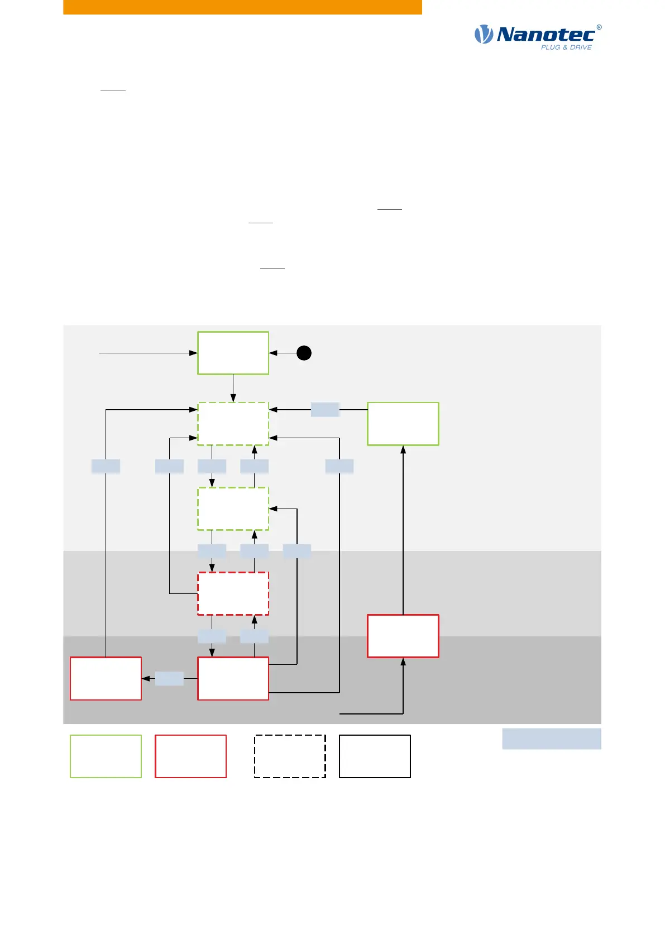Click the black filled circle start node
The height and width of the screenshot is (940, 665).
pos(304,353)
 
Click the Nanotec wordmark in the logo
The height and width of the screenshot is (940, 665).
pos(546,35)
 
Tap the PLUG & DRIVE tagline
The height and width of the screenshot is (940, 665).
pos(566,47)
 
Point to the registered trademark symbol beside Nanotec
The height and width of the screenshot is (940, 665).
pos(599,27)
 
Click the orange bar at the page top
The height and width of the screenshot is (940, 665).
pos(242,7)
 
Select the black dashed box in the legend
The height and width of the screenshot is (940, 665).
pos(290,756)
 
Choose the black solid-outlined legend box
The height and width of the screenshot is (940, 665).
pos(375,756)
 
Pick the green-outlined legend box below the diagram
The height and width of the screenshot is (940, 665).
pos(106,756)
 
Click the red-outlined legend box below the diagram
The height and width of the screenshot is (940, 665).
pos(190,756)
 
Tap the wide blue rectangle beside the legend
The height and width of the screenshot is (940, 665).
pos(551,738)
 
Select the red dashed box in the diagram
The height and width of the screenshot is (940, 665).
pos(233,593)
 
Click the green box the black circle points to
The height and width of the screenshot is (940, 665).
pos(233,353)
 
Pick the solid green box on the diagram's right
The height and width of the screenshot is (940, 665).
pos(403,424)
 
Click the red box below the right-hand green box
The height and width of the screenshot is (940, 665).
pos(403,636)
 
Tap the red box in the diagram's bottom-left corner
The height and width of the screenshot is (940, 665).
pos(106,678)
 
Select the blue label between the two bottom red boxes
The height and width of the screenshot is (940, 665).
pos(169,678)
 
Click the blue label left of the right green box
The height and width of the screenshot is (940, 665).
pos(325,410)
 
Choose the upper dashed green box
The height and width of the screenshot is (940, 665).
pos(233,424)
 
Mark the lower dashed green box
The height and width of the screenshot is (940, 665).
pos(233,509)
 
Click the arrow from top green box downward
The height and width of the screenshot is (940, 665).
pos(233,388)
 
